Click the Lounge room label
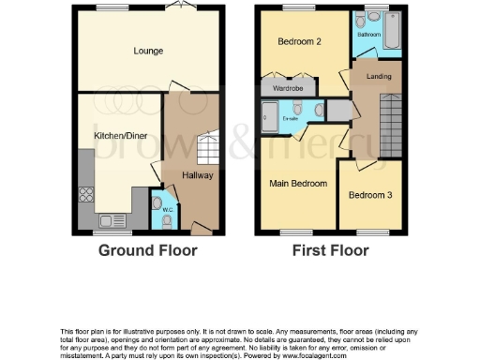(x=148, y=51)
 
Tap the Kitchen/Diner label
(x=117, y=137)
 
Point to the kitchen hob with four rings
(x=86, y=196)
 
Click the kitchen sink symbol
(x=110, y=220)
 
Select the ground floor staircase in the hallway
(x=208, y=146)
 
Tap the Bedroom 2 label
(x=300, y=42)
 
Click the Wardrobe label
(x=288, y=88)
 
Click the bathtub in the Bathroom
(x=392, y=34)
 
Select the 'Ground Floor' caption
(x=149, y=251)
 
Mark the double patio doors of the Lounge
(x=174, y=8)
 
